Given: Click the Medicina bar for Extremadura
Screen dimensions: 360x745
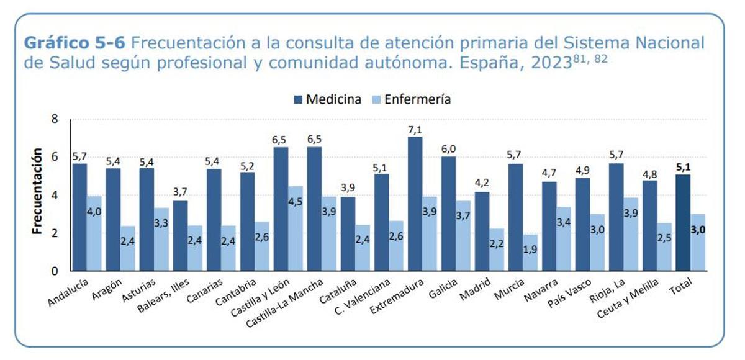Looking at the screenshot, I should point(415,205).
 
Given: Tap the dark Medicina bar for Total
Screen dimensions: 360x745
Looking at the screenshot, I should point(683,223).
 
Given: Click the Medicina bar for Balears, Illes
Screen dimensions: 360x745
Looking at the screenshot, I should point(180,236).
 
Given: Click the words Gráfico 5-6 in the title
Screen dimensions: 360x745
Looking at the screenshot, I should point(74,44).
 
